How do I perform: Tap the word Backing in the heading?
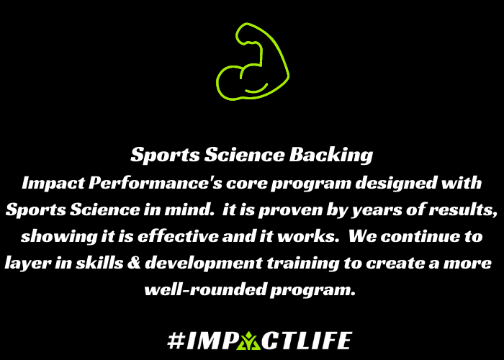[x=331, y=156]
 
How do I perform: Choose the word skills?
[x=99, y=263]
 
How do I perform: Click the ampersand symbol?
[x=134, y=264]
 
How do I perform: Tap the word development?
[x=204, y=264]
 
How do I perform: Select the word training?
[x=303, y=264]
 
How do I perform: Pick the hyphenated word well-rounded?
[x=206, y=289]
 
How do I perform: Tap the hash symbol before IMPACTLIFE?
[x=176, y=341]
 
